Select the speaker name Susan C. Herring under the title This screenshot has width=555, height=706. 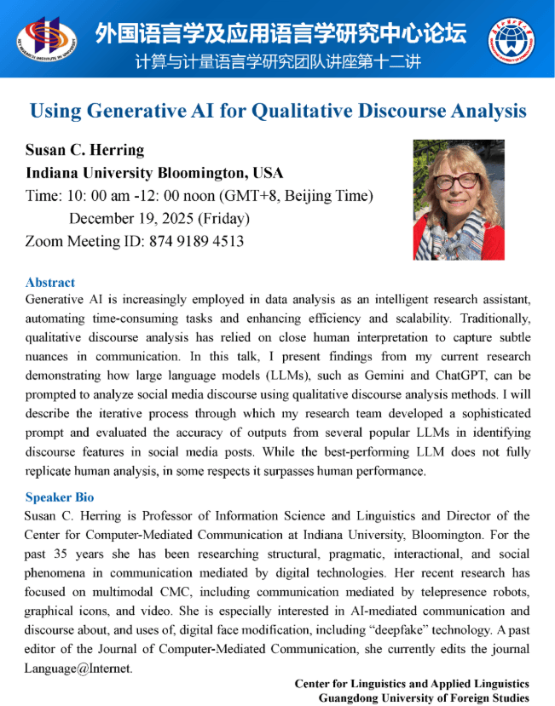click(x=85, y=150)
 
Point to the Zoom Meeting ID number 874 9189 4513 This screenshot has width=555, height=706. click(x=189, y=241)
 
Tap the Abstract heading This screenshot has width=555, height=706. click(x=50, y=282)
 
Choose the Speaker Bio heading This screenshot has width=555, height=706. click(x=60, y=497)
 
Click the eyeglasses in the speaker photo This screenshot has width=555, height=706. click(x=456, y=181)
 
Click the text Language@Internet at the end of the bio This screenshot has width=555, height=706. click(x=78, y=668)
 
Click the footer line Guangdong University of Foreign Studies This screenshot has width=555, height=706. click(x=424, y=697)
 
